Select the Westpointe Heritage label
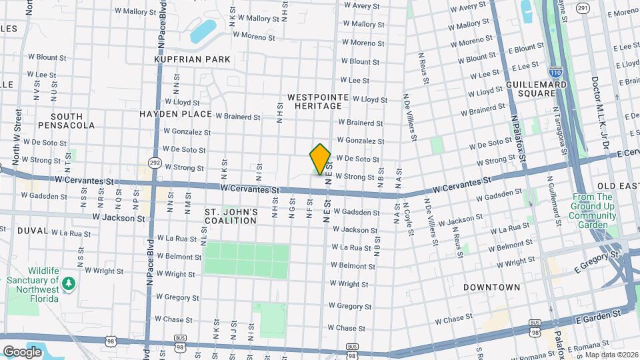(318, 102)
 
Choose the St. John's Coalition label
(231, 216)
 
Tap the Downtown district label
(492, 287)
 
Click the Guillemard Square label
(537, 89)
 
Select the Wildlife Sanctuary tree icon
(68, 285)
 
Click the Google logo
(22, 351)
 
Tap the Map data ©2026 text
(611, 355)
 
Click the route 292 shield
(154, 162)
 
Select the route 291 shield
(583, 8)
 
